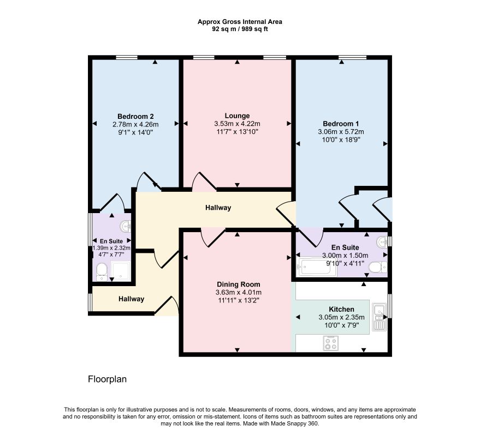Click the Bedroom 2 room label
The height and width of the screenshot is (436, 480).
tap(135, 117)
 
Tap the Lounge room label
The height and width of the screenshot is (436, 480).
tap(237, 116)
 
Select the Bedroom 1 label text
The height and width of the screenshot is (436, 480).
tap(341, 124)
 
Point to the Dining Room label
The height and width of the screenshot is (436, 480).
tap(239, 284)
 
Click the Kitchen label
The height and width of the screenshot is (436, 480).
tap(341, 309)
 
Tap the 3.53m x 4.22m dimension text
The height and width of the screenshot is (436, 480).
tap(237, 124)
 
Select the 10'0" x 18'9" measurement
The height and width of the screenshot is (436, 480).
tap(341, 140)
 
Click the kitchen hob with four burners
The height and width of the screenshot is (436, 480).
tap(331, 343)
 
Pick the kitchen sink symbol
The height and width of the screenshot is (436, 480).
tap(380, 317)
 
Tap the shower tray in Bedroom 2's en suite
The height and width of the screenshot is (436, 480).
tap(121, 271)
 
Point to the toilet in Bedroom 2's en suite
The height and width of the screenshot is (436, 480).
tap(102, 272)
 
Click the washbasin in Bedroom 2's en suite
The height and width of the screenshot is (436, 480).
tap(126, 226)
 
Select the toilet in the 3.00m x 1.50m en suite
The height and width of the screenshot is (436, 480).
tap(378, 268)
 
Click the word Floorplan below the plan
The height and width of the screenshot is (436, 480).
tap(107, 379)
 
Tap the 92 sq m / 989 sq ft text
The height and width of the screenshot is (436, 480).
tap(240, 29)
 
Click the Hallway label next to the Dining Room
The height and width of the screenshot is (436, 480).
tap(131, 299)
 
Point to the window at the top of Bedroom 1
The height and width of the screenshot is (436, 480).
tap(353, 57)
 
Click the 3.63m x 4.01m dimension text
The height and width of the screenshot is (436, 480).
tap(239, 293)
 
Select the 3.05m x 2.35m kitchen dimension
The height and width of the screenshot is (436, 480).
tap(341, 317)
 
